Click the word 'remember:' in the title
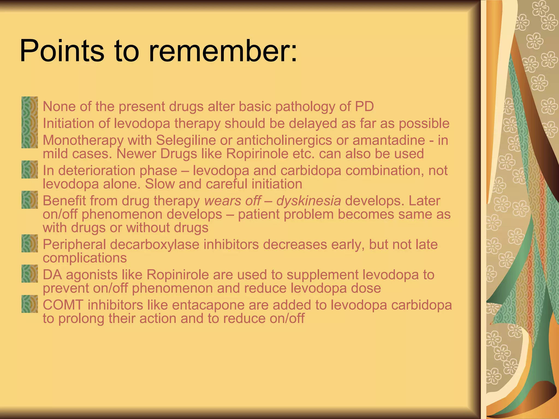(223, 51)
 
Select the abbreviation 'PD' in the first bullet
(364, 106)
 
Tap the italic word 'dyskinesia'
(308, 201)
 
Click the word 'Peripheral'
(74, 245)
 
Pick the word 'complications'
(85, 258)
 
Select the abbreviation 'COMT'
(63, 305)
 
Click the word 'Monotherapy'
(83, 140)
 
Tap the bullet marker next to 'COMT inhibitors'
(29, 304)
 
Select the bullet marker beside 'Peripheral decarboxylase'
(29, 243)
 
